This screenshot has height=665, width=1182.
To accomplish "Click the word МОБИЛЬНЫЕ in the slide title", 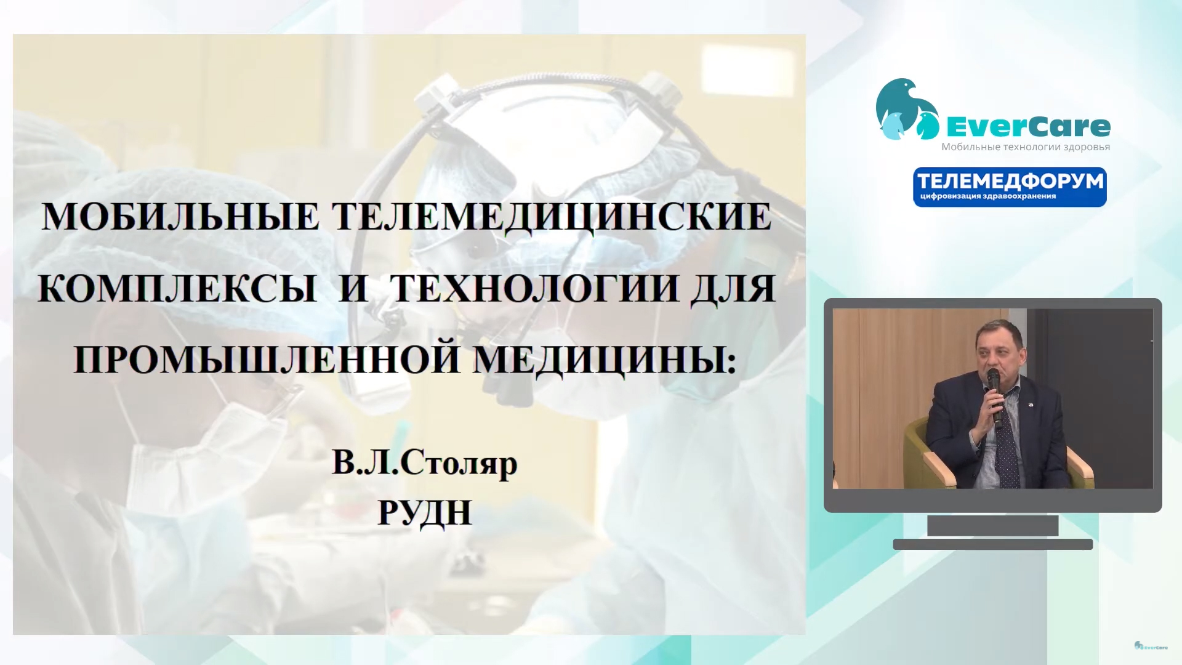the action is (180, 217).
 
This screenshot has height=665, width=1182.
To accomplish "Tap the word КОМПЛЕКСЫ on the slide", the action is (177, 288).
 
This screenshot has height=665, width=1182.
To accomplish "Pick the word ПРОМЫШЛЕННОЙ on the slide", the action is (267, 360).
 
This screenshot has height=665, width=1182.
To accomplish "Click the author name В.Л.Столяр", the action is (425, 463).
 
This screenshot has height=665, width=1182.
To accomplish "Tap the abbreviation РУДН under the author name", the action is (425, 513).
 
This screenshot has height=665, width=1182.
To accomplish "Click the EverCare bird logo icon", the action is (907, 109).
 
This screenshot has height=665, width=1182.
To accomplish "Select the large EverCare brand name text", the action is (1028, 127).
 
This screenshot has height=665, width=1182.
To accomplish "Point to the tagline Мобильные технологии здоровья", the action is (1026, 147).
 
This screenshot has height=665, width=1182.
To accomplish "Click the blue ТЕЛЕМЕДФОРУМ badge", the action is (1010, 187).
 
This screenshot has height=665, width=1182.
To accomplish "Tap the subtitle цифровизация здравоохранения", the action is (988, 196).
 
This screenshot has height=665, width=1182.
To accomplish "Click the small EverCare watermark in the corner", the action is (1151, 646).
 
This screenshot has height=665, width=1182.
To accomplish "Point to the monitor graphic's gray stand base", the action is (993, 544).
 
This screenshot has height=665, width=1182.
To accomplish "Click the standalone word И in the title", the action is (353, 288).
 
